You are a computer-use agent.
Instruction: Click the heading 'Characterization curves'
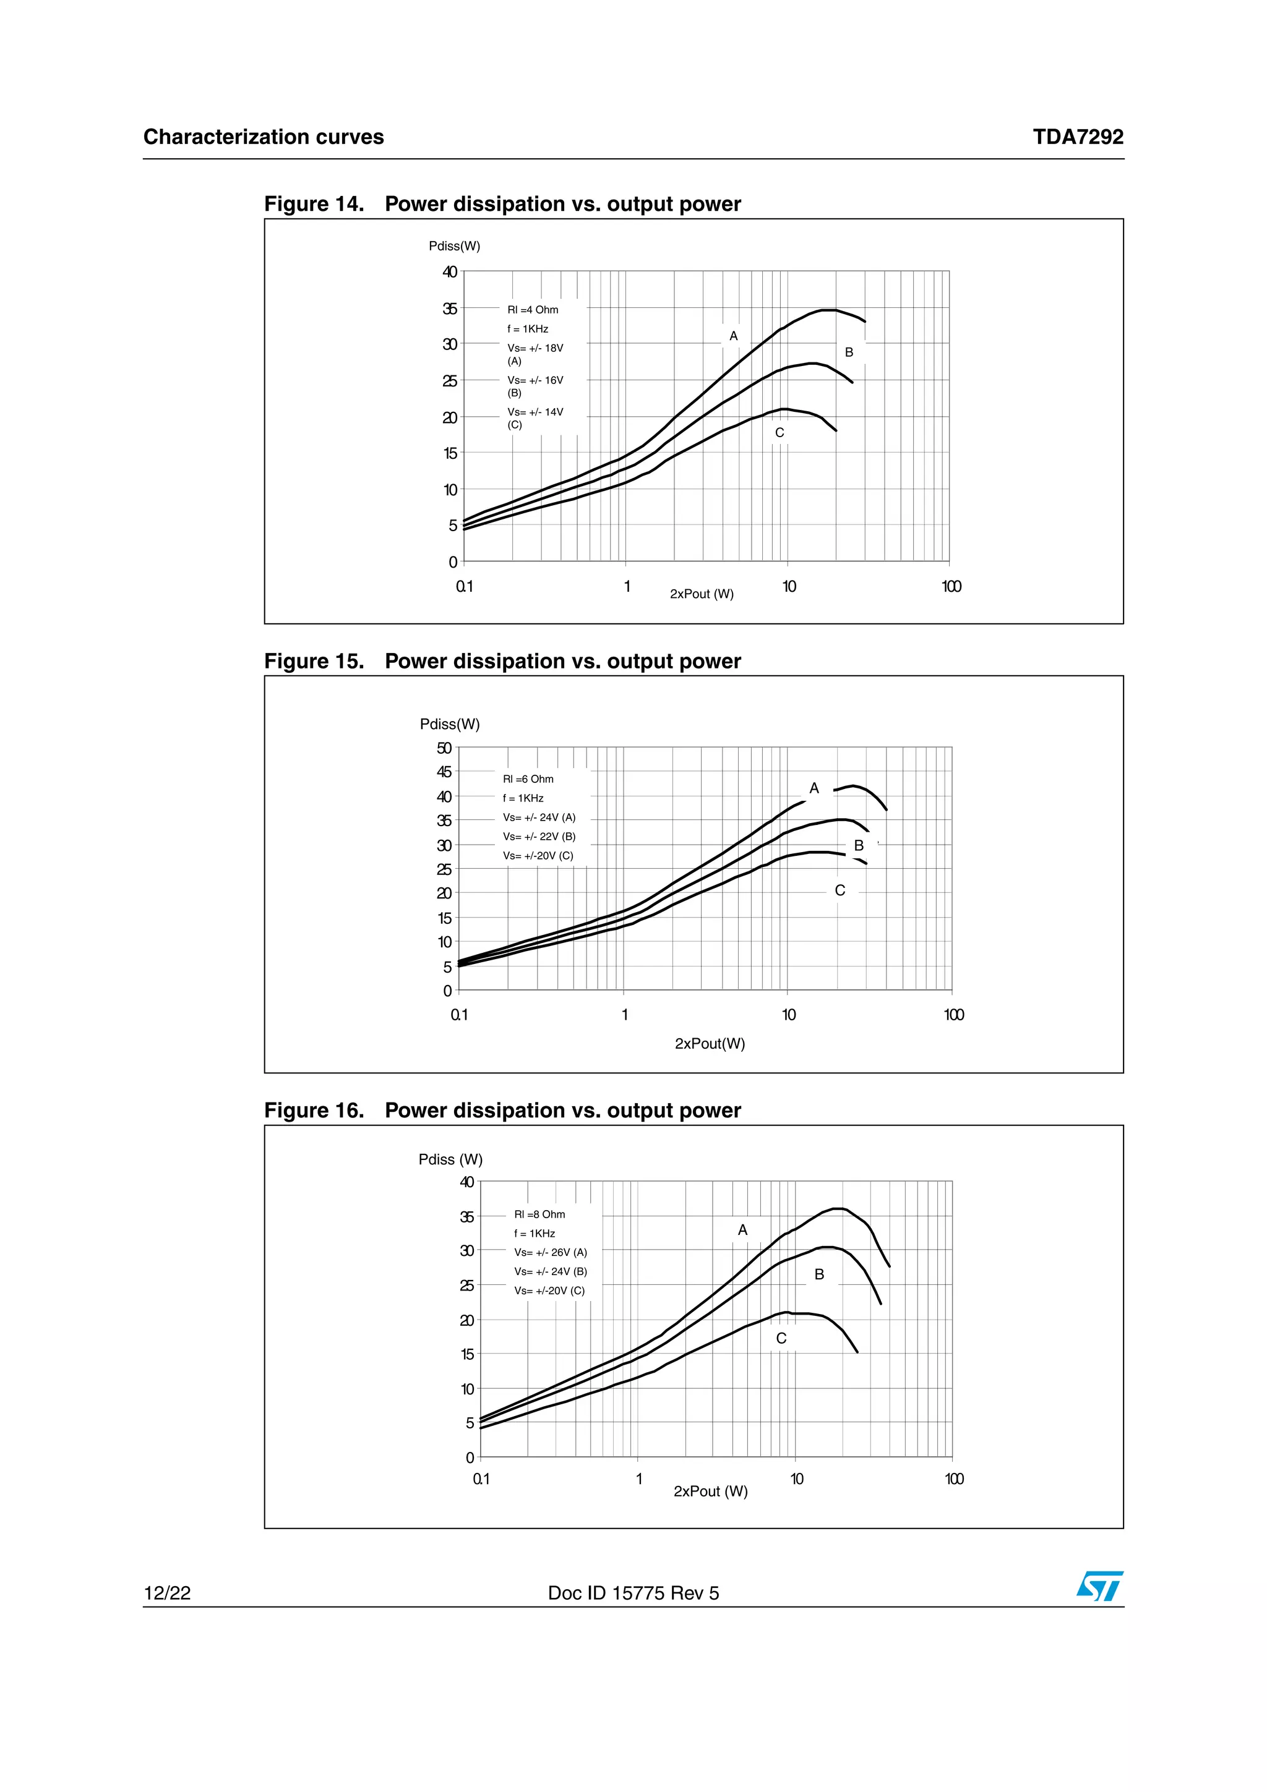point(264,137)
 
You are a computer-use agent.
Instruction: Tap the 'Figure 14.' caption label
point(314,205)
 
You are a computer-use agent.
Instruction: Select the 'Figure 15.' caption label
point(314,662)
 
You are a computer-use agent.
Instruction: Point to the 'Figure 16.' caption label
point(314,1111)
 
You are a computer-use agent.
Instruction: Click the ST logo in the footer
point(1099,1586)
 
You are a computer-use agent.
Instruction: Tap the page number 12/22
point(167,1593)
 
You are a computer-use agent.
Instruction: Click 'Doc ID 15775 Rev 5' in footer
point(633,1593)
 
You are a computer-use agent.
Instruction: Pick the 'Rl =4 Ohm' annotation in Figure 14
point(533,310)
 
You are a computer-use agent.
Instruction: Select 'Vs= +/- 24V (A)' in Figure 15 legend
point(539,817)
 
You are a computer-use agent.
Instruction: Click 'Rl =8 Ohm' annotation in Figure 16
point(539,1214)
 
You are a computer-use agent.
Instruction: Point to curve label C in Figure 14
point(779,433)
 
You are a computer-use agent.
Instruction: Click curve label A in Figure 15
point(814,788)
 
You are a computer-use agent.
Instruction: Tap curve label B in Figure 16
point(819,1274)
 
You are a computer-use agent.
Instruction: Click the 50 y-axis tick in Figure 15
point(444,748)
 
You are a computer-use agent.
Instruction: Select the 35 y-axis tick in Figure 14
point(450,309)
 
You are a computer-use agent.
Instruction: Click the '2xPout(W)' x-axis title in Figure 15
point(710,1044)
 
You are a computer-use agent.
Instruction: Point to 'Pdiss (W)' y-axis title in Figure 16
point(450,1160)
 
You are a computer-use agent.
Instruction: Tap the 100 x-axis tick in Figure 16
point(954,1479)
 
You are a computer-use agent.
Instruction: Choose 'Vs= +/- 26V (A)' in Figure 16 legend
point(551,1253)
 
